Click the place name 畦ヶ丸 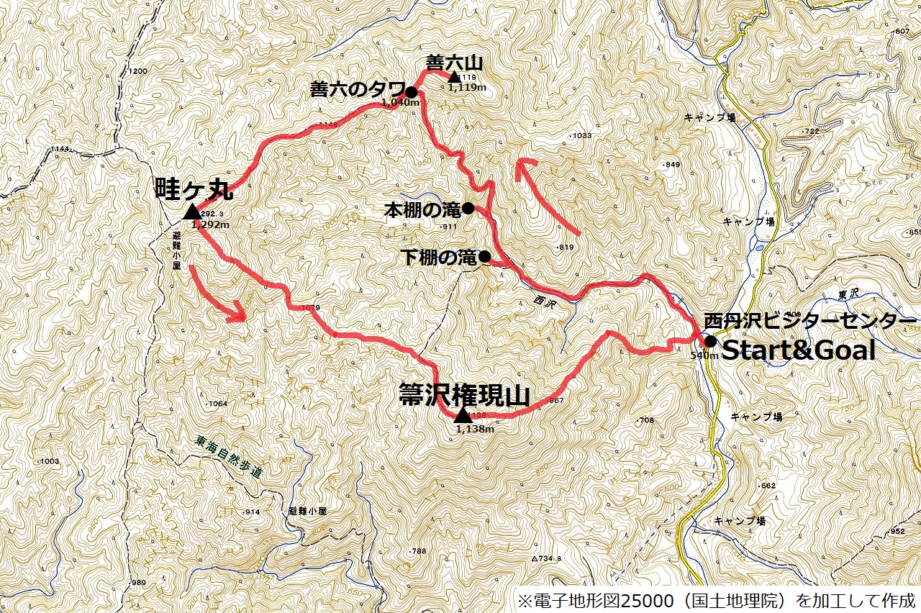click(x=194, y=190)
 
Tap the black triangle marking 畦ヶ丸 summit click(x=191, y=212)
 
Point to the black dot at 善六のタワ click(x=411, y=92)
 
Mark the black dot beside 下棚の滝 click(x=485, y=256)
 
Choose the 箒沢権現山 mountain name click(x=464, y=396)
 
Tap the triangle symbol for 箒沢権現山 click(x=462, y=415)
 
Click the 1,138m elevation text click(x=475, y=430)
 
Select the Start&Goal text click(x=799, y=351)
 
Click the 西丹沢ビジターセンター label click(x=809, y=321)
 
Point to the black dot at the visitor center click(x=710, y=341)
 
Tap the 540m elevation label click(x=704, y=355)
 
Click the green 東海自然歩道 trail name click(x=229, y=464)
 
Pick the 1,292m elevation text click(x=211, y=225)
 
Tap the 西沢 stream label click(x=545, y=303)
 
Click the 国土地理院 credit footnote click(x=716, y=600)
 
